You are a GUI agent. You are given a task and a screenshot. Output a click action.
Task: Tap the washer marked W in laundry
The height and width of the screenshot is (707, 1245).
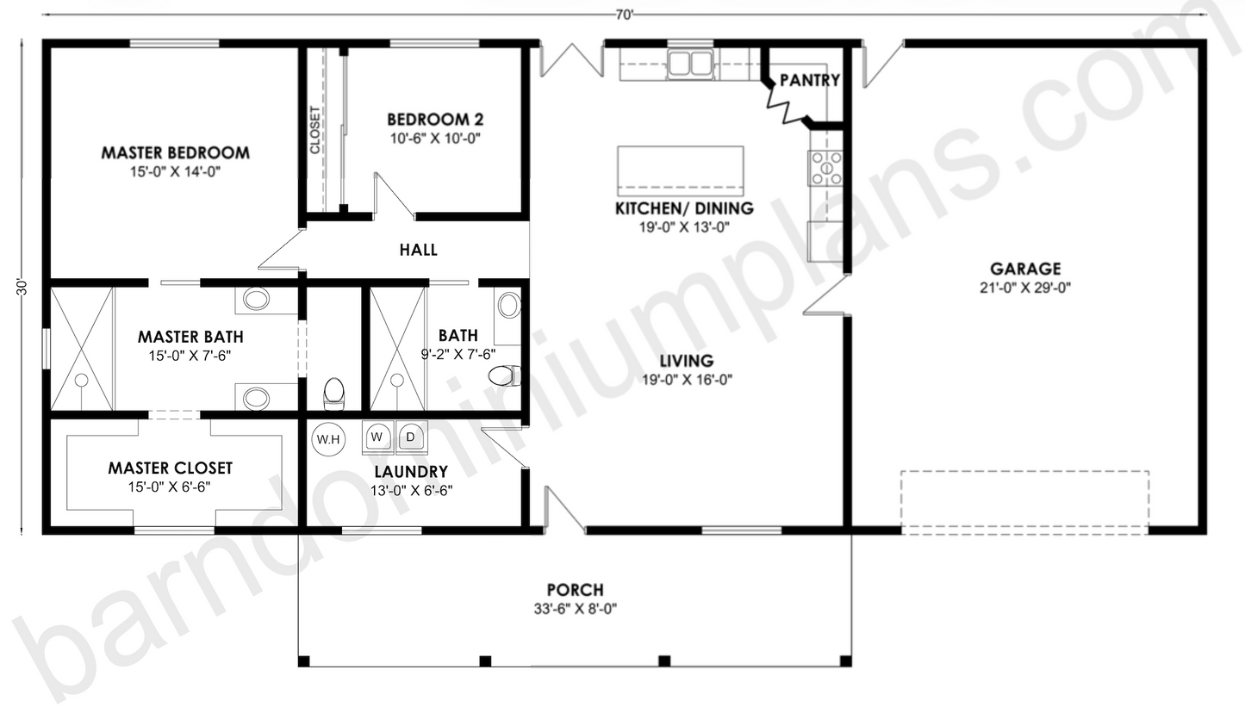(377, 437)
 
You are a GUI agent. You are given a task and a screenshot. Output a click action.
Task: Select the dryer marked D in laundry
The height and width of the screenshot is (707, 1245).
(411, 437)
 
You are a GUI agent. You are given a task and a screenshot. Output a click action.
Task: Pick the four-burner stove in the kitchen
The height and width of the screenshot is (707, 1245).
(825, 168)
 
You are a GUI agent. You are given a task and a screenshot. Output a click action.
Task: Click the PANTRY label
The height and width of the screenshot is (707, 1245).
(809, 80)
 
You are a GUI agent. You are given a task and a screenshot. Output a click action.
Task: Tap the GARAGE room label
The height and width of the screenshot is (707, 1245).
(1024, 270)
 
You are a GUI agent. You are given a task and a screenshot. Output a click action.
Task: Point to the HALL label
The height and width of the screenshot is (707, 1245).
(418, 251)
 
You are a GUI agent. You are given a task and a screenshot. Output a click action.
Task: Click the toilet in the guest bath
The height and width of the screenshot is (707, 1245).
(503, 375)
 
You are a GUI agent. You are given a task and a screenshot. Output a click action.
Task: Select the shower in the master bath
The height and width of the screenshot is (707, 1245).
(82, 349)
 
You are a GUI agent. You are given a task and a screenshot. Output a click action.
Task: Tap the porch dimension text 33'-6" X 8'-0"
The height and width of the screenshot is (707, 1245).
(575, 609)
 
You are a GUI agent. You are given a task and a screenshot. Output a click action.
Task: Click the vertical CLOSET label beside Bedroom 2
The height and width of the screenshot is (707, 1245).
(314, 129)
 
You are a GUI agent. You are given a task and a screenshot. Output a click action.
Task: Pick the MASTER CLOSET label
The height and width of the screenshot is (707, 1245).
(170, 468)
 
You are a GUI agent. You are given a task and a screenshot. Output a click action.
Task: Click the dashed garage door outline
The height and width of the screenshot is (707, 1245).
(1024, 502)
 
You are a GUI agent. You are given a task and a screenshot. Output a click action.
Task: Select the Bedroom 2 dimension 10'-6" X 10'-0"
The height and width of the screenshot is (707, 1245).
(434, 138)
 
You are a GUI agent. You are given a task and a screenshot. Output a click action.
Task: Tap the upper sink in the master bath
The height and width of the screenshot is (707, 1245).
(256, 300)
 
